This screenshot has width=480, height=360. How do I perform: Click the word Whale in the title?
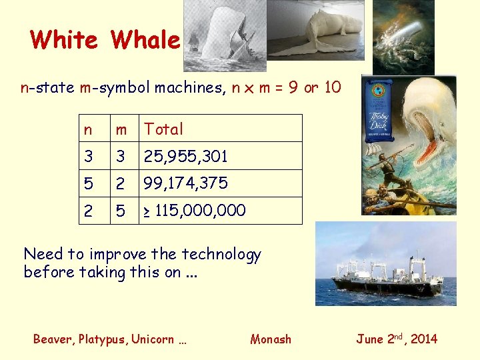146,40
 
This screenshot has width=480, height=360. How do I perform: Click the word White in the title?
64,40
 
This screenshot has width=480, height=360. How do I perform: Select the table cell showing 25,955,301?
186,157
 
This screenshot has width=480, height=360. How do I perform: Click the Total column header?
163,129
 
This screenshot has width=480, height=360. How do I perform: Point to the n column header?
88,129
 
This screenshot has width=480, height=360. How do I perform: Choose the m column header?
121,129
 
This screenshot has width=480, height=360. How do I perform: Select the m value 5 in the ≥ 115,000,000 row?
121,211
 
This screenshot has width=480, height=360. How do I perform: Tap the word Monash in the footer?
271,339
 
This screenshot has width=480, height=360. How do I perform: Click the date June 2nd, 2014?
397,339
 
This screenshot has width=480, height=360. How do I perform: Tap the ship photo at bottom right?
385,264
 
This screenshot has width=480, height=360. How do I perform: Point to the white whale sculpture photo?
315,30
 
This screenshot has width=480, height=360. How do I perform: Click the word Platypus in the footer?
102,339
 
